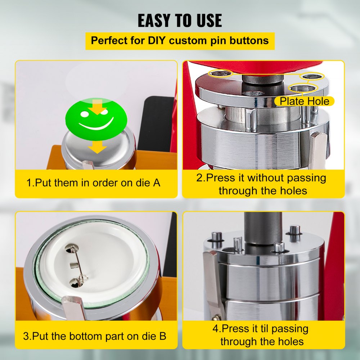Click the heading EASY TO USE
pos(180,21)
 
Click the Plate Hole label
pos(304,101)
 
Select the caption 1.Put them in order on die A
pos(94,183)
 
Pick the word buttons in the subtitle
pos(250,40)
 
